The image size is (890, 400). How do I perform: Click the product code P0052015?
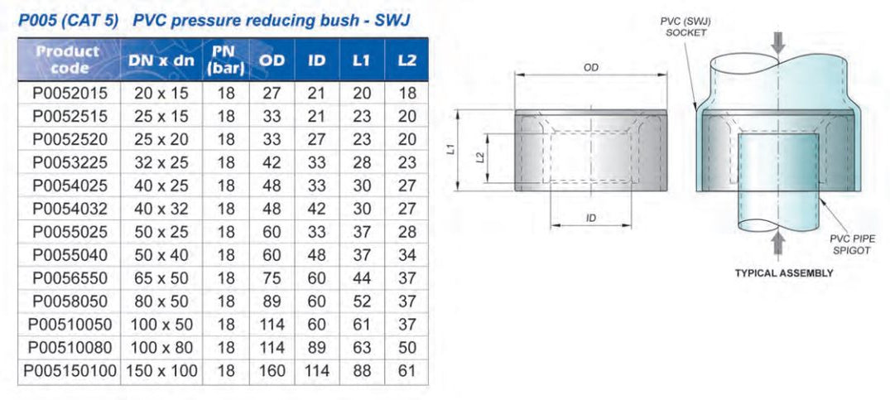[x=70, y=94]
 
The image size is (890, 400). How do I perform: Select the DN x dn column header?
[x=162, y=61]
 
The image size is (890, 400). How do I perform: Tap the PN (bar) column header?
[x=226, y=61]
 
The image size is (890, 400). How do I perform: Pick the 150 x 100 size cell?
[x=162, y=372]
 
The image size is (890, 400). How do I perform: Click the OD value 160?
[x=272, y=372]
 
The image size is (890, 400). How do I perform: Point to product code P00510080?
[x=70, y=349]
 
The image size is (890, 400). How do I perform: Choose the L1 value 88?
[x=362, y=372]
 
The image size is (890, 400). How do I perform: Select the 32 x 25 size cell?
[x=162, y=163]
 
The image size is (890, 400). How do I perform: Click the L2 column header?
[x=407, y=61]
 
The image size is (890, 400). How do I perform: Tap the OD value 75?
[x=272, y=279]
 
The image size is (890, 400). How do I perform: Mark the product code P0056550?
[x=70, y=279]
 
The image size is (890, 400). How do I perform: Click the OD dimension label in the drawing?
[x=590, y=68]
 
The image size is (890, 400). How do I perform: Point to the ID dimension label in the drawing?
[x=590, y=218]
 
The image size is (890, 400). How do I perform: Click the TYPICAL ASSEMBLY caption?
[x=783, y=272]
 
